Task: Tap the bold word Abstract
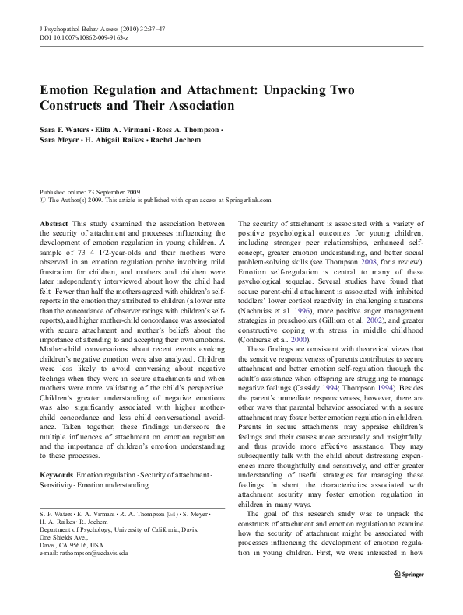tap(53, 222)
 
